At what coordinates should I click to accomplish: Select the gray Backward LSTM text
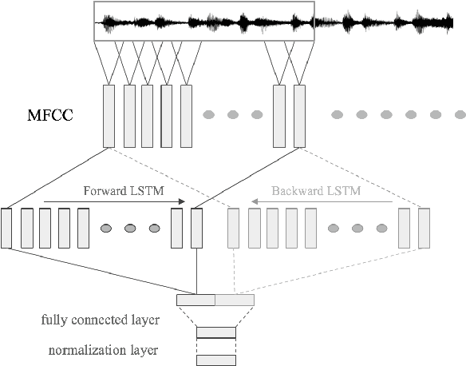304,192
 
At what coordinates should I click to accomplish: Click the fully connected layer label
100,320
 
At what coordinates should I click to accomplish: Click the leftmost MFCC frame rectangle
109,115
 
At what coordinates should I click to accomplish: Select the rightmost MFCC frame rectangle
299,115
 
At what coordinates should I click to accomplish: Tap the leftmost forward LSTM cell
7,227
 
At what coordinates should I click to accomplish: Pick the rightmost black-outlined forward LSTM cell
196,227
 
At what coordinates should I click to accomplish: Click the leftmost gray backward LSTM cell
235,227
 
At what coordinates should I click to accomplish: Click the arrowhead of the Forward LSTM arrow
182,201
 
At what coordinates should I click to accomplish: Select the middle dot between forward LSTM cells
130,229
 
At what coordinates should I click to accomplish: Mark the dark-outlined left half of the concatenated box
195,300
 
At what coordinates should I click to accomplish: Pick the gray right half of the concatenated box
235,300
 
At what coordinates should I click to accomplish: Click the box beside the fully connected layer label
215,332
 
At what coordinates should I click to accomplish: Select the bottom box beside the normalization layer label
215,360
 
